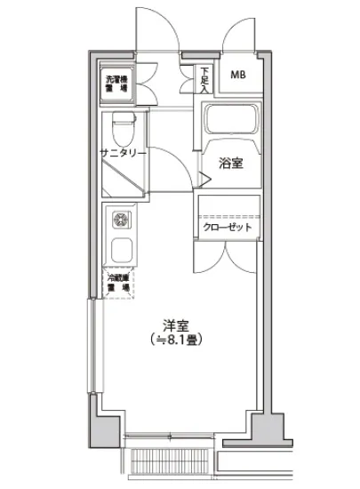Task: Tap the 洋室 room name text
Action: pyautogui.click(x=174, y=326)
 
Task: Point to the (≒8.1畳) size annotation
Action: pyautogui.click(x=174, y=341)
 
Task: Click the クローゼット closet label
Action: pyautogui.click(x=228, y=228)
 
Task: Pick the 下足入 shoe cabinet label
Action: pyautogui.click(x=204, y=79)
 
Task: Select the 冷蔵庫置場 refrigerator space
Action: pyautogui.click(x=116, y=283)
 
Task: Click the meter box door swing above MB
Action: pyautogui.click(x=241, y=33)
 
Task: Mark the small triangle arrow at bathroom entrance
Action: pyautogui.click(x=204, y=181)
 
